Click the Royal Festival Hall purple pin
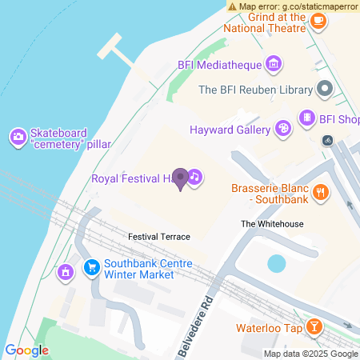tap(181, 178)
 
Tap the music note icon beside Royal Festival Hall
tap(194, 178)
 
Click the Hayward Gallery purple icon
tap(282, 129)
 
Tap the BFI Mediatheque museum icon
tap(274, 63)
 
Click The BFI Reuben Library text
tap(254, 90)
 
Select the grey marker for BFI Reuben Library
tap(324, 90)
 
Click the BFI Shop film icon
tap(306, 119)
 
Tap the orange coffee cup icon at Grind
tap(318, 22)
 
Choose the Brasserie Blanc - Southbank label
tap(269, 193)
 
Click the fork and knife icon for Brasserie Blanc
tap(320, 191)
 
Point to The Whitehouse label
tap(273, 224)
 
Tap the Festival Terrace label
tap(159, 237)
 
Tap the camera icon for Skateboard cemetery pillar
tap(17, 138)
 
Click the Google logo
tap(27, 350)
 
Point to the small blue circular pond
tap(276, 263)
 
